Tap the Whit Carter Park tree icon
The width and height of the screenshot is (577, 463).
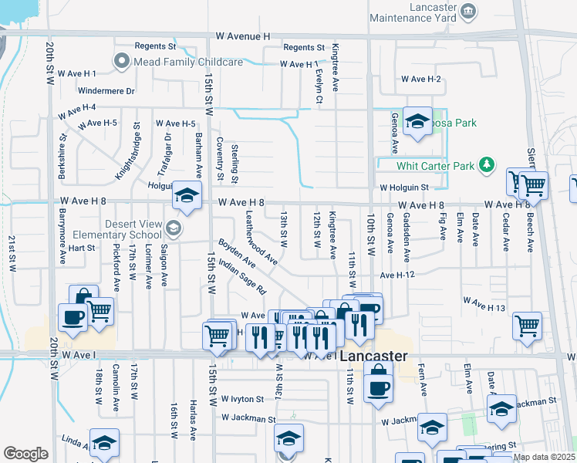click(x=486, y=165)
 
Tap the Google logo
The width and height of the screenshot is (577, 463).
click(x=25, y=454)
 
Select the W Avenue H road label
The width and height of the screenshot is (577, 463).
click(x=244, y=36)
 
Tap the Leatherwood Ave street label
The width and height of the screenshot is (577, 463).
click(x=262, y=238)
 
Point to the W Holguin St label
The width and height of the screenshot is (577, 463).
click(x=403, y=188)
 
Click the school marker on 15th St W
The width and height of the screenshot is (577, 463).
click(x=187, y=196)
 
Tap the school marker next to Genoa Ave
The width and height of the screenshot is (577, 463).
click(x=417, y=121)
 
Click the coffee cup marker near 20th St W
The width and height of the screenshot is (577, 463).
click(x=73, y=317)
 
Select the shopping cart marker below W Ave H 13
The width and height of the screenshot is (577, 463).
click(x=528, y=325)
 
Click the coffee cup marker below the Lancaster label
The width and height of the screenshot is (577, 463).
click(x=377, y=384)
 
